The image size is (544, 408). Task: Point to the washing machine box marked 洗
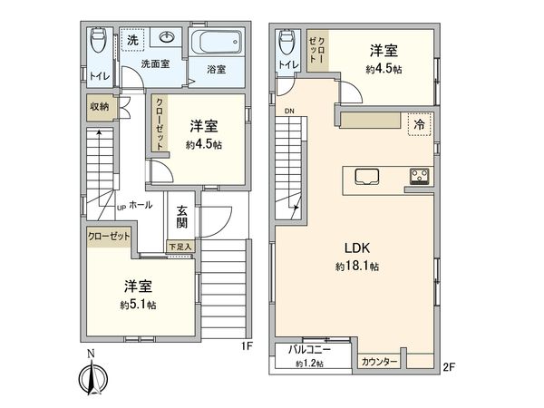click(x=132, y=40)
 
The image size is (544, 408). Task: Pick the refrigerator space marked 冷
click(x=419, y=123)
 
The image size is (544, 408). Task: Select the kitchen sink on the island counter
click(x=368, y=175)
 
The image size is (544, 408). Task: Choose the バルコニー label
click(x=308, y=348)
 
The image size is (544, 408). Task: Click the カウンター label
click(x=380, y=362)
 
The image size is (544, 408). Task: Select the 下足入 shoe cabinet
click(x=180, y=246)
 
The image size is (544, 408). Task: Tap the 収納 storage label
click(x=99, y=106)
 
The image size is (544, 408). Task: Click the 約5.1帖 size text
click(x=139, y=306)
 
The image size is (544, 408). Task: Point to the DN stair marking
click(x=288, y=112)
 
